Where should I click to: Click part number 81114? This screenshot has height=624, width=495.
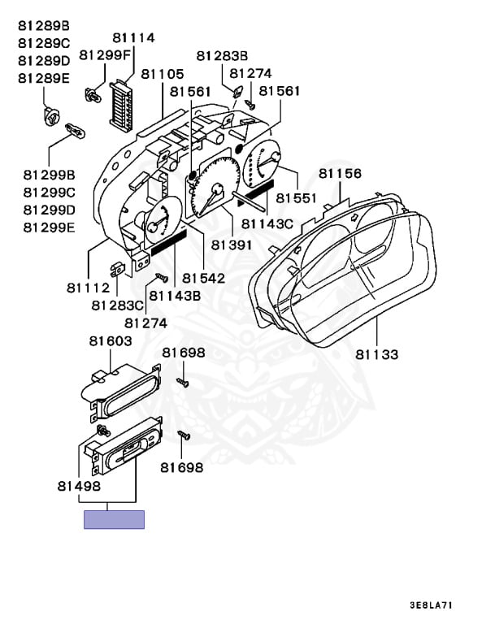pos(133,38)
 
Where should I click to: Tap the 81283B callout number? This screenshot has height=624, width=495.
pos(222,56)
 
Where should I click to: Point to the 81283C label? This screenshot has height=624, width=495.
pos(117,305)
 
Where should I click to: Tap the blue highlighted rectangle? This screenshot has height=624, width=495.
pos(114,519)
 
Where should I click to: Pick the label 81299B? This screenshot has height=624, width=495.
pos(49,175)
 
